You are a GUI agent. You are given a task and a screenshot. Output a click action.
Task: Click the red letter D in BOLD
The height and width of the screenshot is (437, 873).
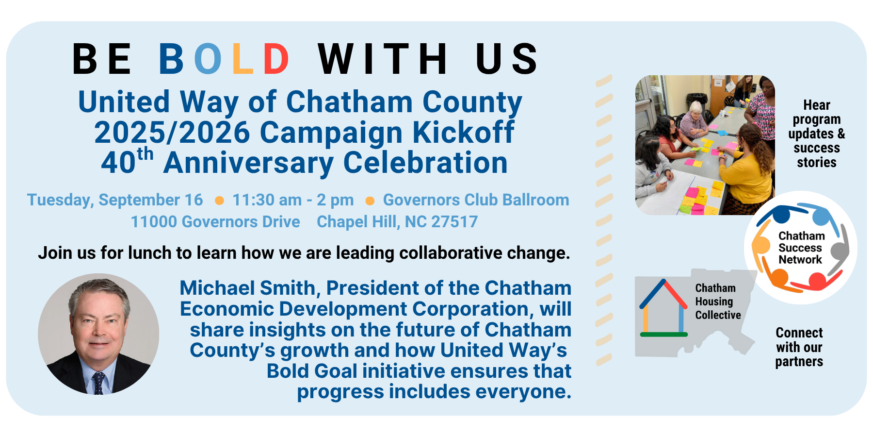276,59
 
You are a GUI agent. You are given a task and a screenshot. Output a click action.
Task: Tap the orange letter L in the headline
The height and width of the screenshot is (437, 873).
242,59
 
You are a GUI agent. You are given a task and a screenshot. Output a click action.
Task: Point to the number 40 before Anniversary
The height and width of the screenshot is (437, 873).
118,163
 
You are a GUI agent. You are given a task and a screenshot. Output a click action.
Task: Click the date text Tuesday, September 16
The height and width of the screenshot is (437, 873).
115,200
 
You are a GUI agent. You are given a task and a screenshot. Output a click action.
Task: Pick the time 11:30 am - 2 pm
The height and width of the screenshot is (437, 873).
293,200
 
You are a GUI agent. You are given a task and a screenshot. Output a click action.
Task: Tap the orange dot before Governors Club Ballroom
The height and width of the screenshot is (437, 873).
370,201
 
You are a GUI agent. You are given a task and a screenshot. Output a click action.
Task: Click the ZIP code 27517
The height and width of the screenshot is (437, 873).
454,222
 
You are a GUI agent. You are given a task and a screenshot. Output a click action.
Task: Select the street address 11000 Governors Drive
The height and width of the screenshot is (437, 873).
215,222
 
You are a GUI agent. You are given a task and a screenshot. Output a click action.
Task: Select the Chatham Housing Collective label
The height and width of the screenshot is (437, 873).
718,302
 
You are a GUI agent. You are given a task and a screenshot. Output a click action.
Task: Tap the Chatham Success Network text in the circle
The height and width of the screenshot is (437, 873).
801,248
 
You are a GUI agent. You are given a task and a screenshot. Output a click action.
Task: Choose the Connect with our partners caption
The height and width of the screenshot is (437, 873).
799,347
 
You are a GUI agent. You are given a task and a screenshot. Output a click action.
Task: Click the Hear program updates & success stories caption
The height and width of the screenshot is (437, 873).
817,134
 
